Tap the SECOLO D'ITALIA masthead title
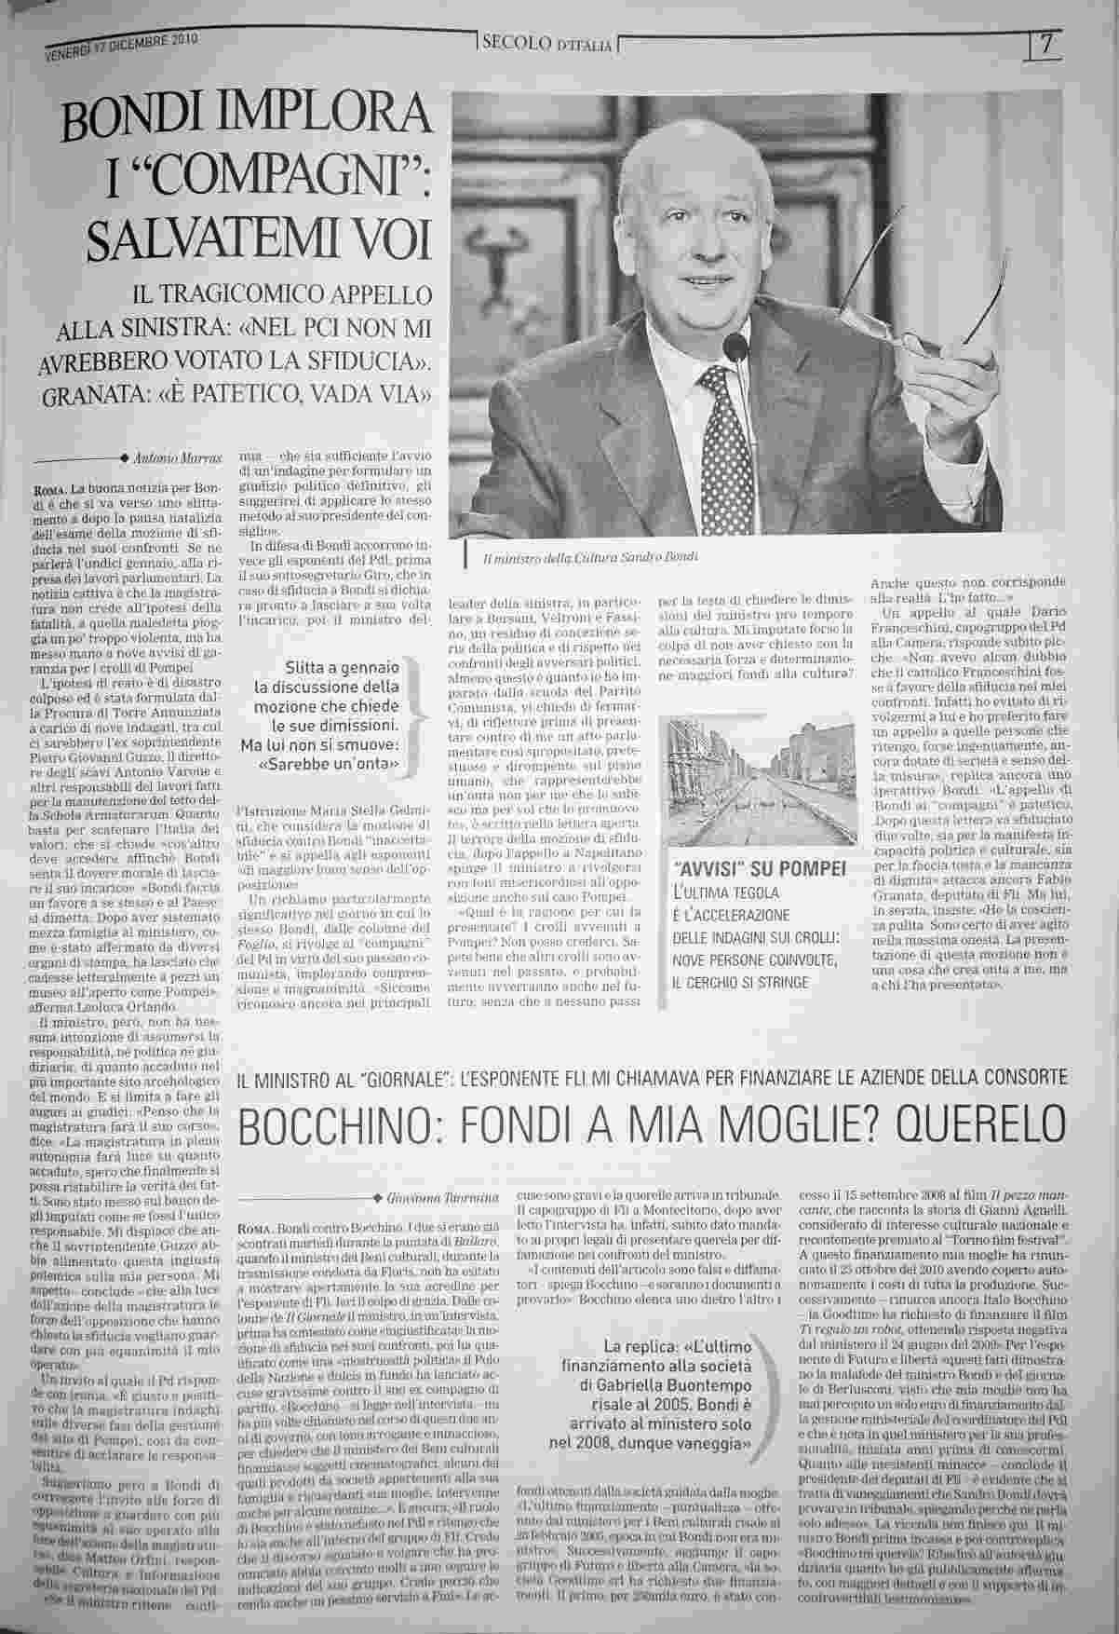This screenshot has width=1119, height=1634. (x=545, y=45)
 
